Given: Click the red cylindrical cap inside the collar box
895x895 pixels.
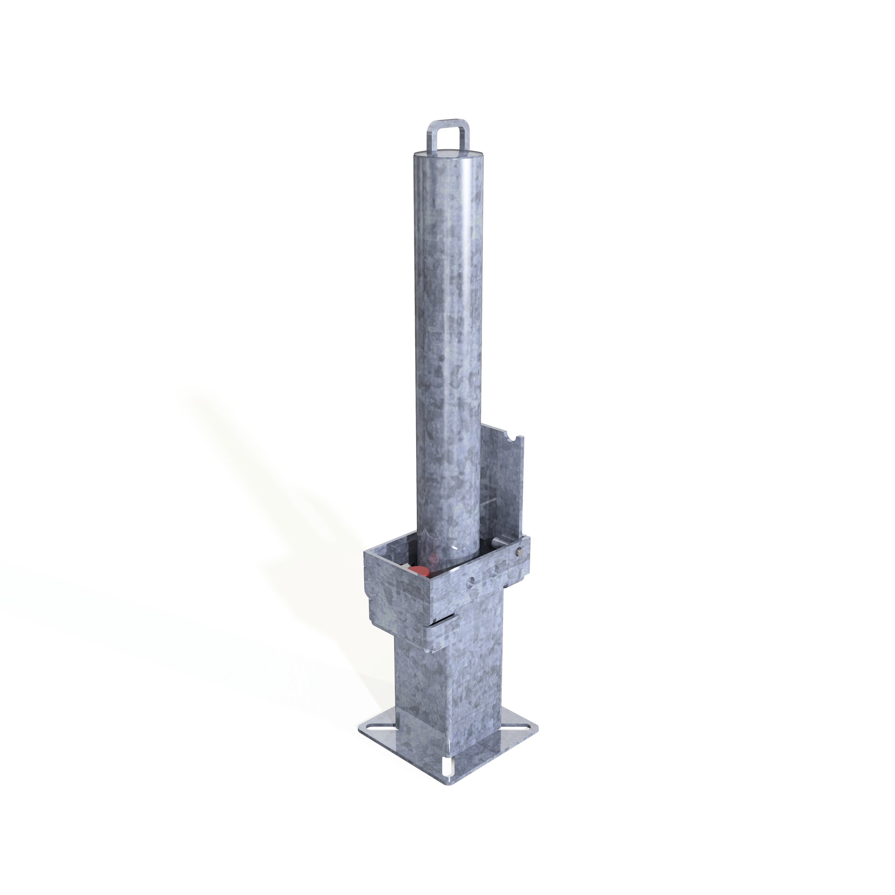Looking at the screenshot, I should [420, 571].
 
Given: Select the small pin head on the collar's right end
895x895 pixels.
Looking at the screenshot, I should [519, 552].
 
